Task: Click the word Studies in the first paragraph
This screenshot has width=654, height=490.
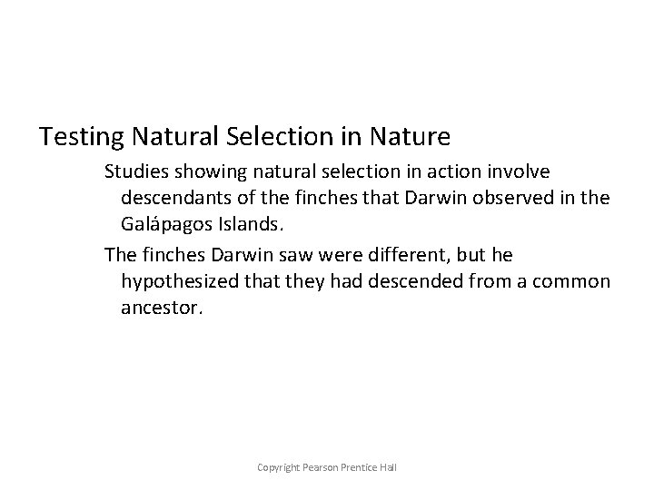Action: click(134, 171)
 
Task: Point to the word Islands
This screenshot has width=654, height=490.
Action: click(241, 223)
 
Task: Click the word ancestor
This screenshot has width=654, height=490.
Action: click(159, 308)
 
